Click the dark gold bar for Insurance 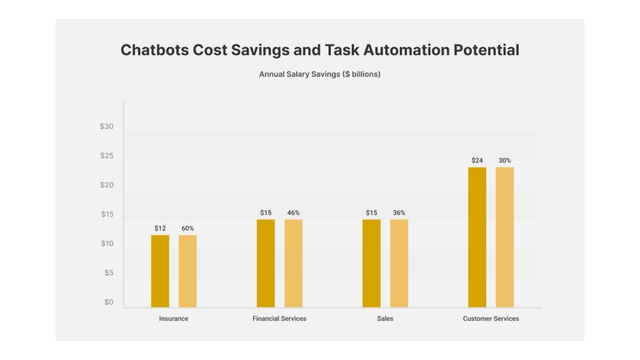pos(160,271)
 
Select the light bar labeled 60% pos(188,271)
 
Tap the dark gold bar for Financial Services pos(266,263)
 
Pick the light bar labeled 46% pos(293,263)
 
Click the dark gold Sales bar pos(371,263)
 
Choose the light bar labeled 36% pos(399,263)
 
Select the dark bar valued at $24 pos(477,237)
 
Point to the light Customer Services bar pos(505,237)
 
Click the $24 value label pos(477,160)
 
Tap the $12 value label pos(160,228)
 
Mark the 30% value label pos(505,160)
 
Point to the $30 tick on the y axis pos(107,126)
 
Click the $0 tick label pos(109,302)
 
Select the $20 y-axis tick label pos(107,185)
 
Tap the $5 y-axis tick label pos(109,273)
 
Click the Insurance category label pos(174,318)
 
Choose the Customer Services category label pos(491,318)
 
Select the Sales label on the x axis pos(385,318)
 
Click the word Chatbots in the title pos(154,50)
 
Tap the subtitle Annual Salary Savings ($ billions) pos(320,74)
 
